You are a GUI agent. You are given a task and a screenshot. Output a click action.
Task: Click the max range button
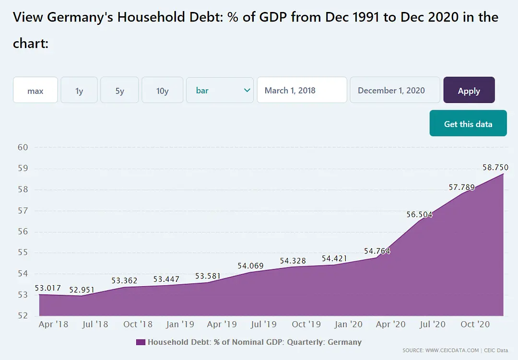pos(35,90)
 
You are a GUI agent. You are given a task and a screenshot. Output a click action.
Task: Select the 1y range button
pos(79,90)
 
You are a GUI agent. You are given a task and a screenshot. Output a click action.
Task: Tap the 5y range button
pos(119,90)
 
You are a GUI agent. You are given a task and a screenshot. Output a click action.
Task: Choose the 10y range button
pos(163,90)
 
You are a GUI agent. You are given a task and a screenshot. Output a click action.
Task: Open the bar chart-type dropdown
pos(220,90)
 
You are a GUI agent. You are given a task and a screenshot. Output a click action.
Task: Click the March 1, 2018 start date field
pos(302,90)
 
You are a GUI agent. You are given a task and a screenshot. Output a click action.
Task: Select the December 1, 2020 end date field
pos(395,90)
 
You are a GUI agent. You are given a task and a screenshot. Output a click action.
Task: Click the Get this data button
pos(468,124)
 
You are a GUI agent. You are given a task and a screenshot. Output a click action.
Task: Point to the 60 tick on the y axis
pos(23,147)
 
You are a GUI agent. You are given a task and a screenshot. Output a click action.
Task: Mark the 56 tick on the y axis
pos(23,232)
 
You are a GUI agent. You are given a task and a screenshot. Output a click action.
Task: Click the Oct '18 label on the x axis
pos(138,325)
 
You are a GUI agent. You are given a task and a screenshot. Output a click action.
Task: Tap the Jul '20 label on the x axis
pos(432,325)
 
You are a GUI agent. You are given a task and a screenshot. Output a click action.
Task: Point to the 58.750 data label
pos(495,167)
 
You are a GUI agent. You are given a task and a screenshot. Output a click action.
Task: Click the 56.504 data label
pos(419,214)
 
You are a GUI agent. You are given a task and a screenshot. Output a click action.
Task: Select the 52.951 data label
pos(82,290)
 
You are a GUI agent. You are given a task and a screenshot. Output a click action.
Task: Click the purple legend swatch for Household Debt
pos(141,342)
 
